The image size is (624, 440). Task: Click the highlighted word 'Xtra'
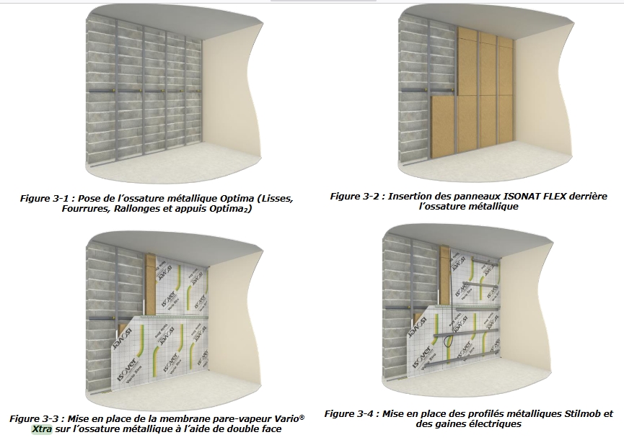[x=42, y=429]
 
